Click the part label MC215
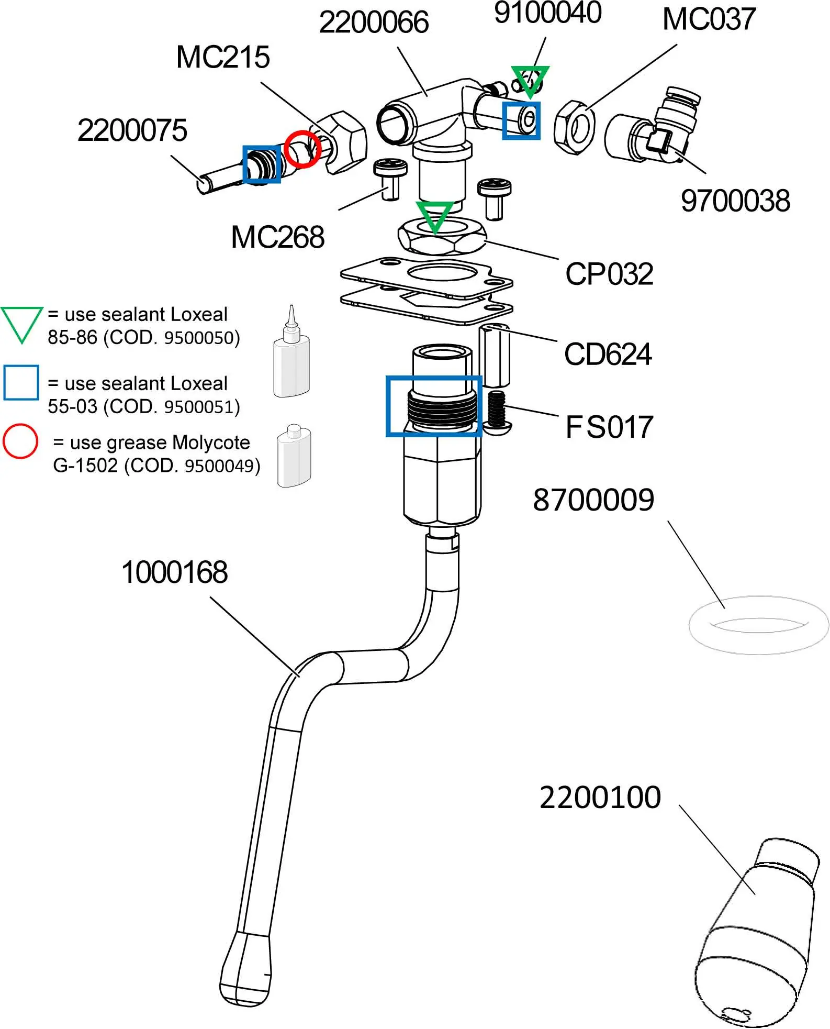[223, 57]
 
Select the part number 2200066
[374, 23]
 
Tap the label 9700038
[735, 201]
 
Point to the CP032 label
[609, 274]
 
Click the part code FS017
[609, 427]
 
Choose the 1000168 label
[174, 572]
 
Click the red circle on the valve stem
[302, 149]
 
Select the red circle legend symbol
[20, 441]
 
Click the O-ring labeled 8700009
[758, 625]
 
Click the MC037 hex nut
[575, 127]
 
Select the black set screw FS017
[496, 412]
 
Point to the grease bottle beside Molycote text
[294, 456]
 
